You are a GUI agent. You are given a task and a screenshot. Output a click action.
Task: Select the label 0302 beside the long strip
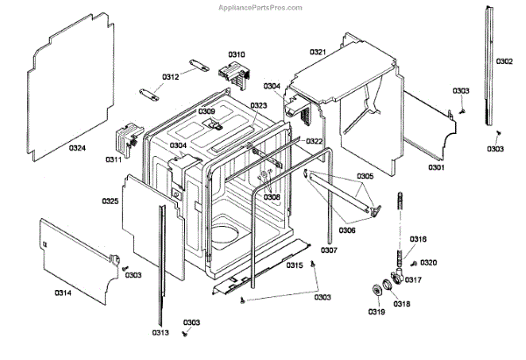tap(505, 61)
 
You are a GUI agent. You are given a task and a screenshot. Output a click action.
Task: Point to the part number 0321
tap(318, 53)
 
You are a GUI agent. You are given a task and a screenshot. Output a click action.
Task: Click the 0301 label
tap(436, 167)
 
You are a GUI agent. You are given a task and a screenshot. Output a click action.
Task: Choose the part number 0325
tap(110, 201)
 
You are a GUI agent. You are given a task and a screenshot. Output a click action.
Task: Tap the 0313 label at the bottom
tap(160, 334)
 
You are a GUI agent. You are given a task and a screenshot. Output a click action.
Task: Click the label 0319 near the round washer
tap(375, 313)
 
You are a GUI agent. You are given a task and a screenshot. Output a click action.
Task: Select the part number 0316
tap(418, 239)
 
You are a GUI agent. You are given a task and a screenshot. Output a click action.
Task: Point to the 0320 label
tap(429, 263)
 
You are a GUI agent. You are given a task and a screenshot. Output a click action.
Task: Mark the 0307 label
tap(330, 250)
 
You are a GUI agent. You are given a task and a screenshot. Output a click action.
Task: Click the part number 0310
tap(237, 53)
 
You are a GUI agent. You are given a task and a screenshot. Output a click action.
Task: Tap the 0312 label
tap(170, 77)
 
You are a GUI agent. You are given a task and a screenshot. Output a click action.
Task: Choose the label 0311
tap(113, 159)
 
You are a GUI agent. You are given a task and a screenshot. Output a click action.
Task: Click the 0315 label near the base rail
tap(295, 265)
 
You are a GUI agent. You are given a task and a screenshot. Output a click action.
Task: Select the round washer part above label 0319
tap(380, 292)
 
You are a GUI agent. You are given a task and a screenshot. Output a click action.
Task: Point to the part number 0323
tap(258, 106)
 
